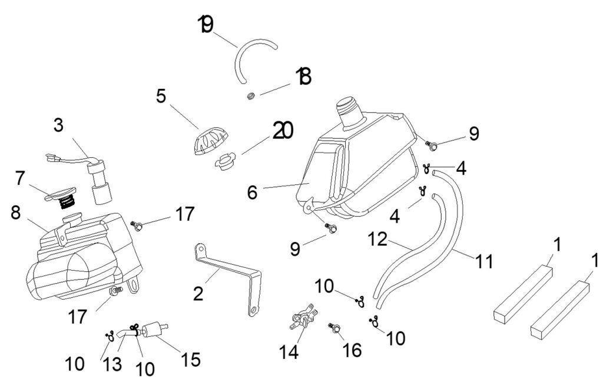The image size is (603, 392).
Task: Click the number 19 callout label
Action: [206, 25]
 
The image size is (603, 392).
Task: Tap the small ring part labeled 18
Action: [250, 95]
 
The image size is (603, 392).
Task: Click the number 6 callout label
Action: [252, 192]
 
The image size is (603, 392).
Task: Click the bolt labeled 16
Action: [335, 329]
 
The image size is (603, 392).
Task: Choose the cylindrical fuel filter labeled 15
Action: [154, 328]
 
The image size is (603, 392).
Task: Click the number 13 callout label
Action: [112, 364]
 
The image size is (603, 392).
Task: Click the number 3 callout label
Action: [58, 125]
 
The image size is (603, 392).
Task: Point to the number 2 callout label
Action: [198, 293]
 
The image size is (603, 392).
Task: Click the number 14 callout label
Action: [289, 352]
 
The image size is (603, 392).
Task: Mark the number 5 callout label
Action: [161, 95]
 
